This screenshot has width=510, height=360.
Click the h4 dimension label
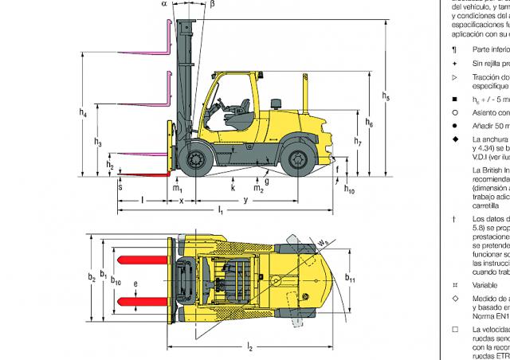(x=83, y=113)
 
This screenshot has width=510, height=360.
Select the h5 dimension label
(x=386, y=97)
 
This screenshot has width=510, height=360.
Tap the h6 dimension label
(x=369, y=123)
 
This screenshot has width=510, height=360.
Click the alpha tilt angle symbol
(x=164, y=4)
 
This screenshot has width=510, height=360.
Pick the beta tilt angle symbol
(x=212, y=4)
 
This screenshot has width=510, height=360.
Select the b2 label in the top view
(x=92, y=276)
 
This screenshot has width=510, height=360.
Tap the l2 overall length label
(x=249, y=346)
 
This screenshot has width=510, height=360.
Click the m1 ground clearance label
(x=178, y=188)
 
